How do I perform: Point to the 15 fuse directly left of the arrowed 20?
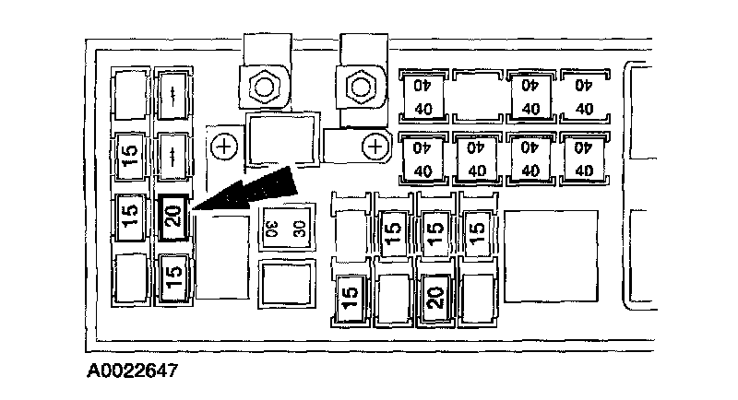(x=130, y=219)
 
